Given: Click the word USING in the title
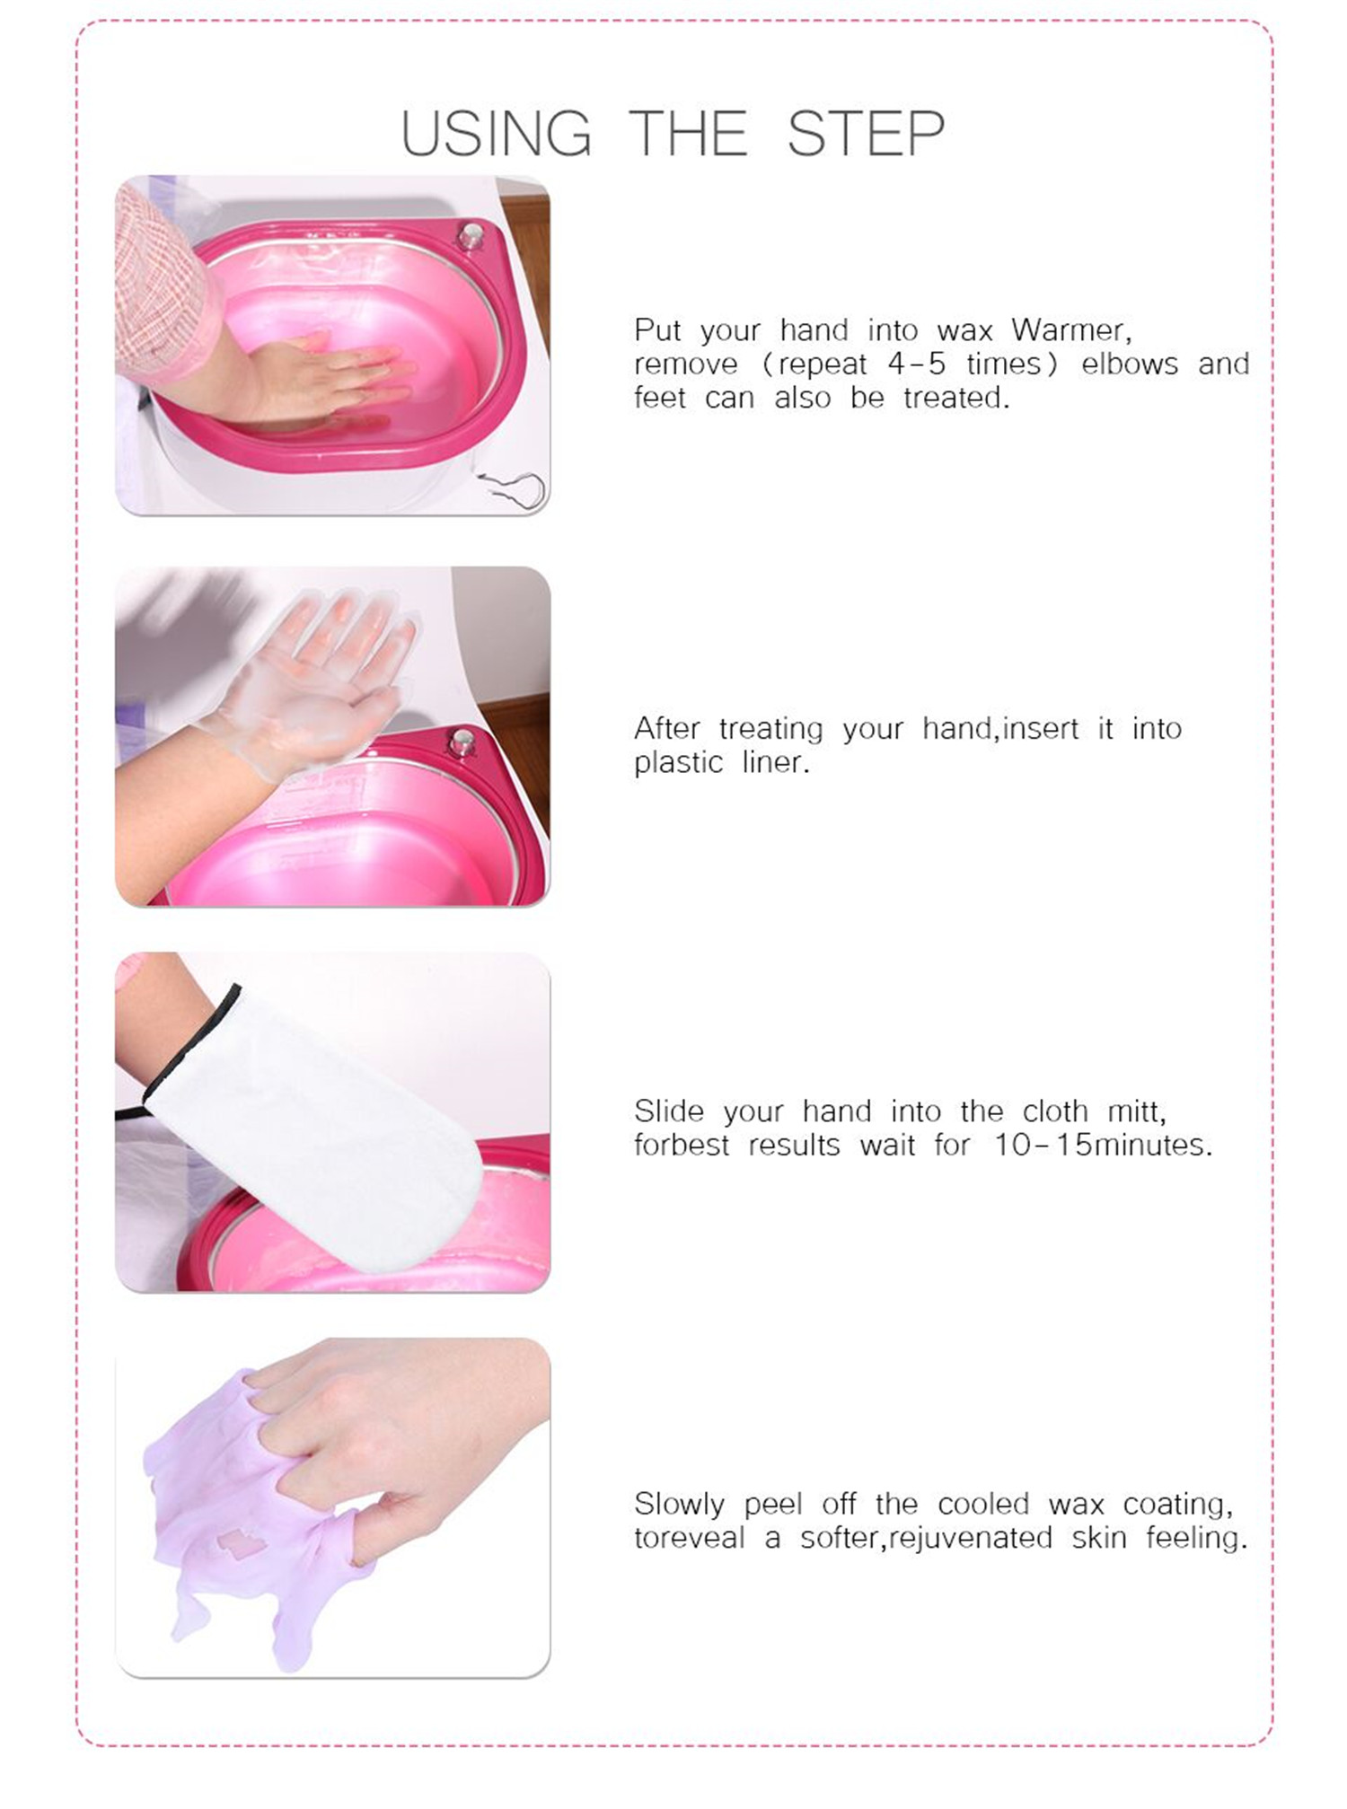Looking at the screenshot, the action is click(497, 134).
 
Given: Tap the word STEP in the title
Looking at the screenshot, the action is click(866, 134).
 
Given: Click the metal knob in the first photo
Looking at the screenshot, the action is click(471, 235).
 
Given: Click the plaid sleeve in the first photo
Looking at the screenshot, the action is click(162, 287).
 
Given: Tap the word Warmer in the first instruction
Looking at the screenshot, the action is click(1070, 330).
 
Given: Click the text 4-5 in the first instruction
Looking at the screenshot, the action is click(916, 364).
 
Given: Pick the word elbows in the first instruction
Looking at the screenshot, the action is click(1130, 364).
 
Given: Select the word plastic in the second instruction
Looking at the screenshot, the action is click(678, 763).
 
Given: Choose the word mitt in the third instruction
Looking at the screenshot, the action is click(1136, 1111).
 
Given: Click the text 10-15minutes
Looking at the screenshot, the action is click(1103, 1145).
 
